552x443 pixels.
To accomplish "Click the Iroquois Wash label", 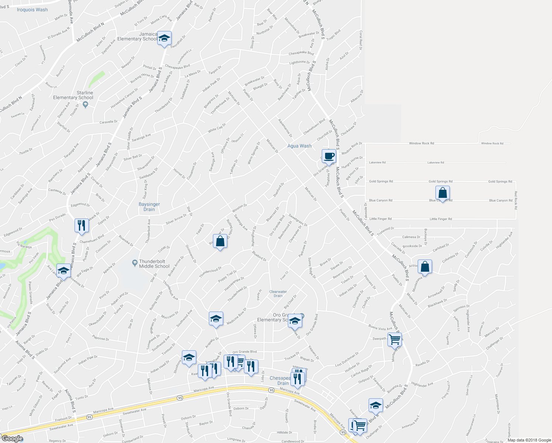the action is tap(32, 10).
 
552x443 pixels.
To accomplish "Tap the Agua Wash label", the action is tap(299, 146).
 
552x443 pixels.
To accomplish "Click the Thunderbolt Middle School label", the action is tap(154, 264).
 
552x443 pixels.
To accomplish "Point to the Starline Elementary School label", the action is tap(73, 95).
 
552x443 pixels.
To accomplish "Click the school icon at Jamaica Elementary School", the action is tap(164, 38).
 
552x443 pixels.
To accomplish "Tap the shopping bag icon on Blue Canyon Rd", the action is tap(442, 193).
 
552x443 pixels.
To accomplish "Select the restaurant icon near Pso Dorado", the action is tap(82, 225).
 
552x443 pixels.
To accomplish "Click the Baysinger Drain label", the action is tap(149, 207).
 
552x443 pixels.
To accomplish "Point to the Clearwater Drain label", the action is tap(278, 293).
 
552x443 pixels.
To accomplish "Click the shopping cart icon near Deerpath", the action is tap(394, 339).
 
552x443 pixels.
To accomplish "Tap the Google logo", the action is tap(12, 439).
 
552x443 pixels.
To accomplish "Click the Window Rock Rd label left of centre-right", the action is tap(421, 143).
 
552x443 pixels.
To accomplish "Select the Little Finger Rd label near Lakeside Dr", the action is tap(380, 219).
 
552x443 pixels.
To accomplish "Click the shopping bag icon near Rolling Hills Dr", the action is tap(220, 241).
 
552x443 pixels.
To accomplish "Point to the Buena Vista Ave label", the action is tap(380, 328).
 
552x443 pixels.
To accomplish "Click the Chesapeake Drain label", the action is tap(280, 381).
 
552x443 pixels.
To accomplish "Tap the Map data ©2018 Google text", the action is tap(528, 440).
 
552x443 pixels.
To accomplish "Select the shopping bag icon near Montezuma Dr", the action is tap(425, 267).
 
